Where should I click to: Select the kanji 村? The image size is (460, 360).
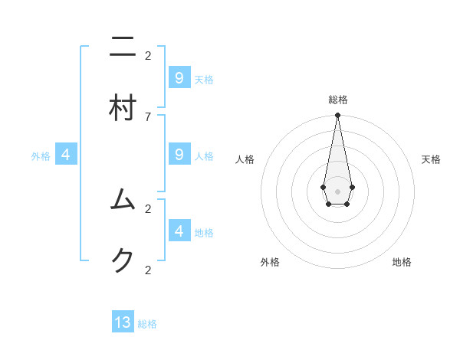[123, 108]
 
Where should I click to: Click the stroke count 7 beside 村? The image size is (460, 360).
[148, 116]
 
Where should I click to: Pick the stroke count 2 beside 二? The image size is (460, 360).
[148, 55]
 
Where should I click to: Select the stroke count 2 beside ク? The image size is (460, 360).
[148, 270]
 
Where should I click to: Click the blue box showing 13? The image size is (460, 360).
[123, 322]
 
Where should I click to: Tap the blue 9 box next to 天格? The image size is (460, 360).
[179, 77]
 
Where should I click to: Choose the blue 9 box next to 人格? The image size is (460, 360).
[179, 154]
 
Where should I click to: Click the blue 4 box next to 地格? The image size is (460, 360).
[179, 231]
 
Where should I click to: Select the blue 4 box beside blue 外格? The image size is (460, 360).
[66, 154]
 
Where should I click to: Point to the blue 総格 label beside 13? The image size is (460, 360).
[147, 324]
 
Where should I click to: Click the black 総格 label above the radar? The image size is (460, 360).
[337, 100]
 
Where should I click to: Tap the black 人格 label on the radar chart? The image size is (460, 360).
[245, 159]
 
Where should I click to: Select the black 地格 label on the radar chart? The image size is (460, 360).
[402, 262]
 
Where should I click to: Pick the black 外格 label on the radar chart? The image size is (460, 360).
[270, 262]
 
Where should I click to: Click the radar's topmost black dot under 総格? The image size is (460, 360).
[337, 116]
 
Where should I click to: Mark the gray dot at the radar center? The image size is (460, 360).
[337, 191]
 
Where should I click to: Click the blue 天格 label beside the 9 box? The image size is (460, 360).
[204, 79]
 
